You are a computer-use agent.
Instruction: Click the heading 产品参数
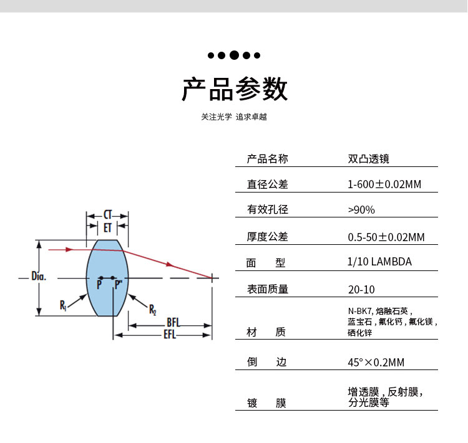234,89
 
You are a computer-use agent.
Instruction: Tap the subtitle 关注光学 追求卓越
234,117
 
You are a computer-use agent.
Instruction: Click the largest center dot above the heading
234,55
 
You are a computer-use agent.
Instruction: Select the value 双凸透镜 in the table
368,159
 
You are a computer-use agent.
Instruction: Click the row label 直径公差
268,184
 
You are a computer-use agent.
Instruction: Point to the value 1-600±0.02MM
384,184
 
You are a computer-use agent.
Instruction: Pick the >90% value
361,210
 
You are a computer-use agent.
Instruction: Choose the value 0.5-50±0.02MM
386,237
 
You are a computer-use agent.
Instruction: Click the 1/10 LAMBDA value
379,262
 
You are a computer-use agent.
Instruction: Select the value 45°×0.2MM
376,362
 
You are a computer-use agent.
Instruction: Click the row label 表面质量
268,289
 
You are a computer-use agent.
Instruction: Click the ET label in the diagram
107,228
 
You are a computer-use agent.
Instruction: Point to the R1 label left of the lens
63,305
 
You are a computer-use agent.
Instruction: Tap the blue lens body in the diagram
106,262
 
